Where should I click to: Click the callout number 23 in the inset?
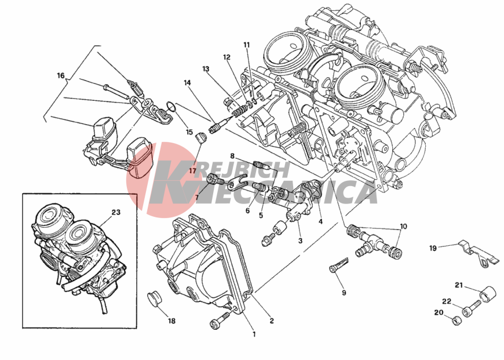pos(116,212)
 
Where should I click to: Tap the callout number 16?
pos(61,75)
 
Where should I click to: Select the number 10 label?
pos(403,227)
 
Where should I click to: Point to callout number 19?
pos(433,248)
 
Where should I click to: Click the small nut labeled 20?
pos(456,321)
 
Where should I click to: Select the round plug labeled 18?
pos(154,300)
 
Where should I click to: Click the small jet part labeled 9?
pos(338,264)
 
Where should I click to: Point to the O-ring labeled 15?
pos(171,107)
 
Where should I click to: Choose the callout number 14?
pos(187,83)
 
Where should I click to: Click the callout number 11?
pos(247,45)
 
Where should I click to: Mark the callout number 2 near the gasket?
pos(272,321)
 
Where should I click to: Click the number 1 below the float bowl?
pos(254,334)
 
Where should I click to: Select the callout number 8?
pos(232,157)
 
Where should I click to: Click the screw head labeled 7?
pos(212,178)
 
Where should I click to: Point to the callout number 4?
pos(320,221)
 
